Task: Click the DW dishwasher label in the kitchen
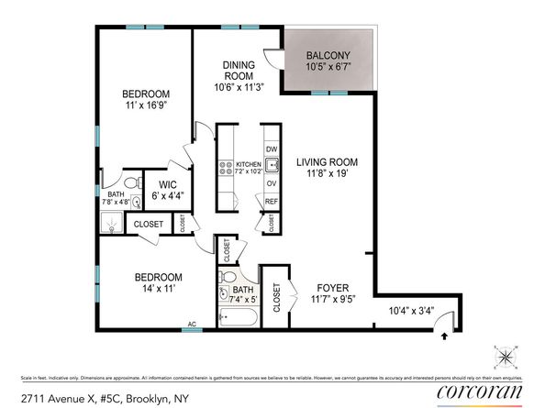coord(271,149)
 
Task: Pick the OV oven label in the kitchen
coord(271,182)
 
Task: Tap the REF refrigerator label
coord(271,202)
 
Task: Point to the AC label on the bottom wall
coord(192,324)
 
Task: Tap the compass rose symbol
coord(506,355)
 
